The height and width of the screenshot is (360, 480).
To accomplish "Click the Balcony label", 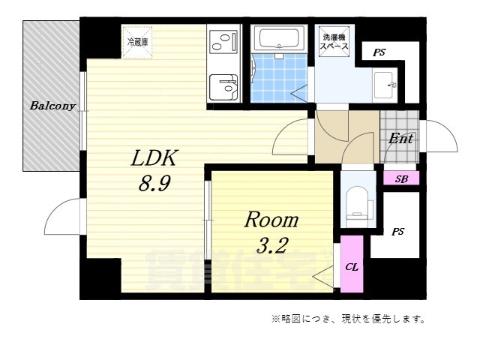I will coord(52,106).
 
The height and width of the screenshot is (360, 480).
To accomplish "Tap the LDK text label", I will coord(154,157).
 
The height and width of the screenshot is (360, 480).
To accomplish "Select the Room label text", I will coord(271,220).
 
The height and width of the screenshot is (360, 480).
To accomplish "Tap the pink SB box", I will coord(401,178).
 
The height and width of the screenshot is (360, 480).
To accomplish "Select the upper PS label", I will coord(379,52).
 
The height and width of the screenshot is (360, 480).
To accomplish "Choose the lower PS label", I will coord(397,232).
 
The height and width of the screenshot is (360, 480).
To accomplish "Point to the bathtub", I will coord(278,38).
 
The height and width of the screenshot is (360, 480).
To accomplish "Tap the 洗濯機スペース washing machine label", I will coord(333,42).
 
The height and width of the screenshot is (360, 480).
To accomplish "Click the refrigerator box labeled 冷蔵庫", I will coord(137,41).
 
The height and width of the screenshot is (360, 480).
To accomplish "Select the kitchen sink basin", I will coord(222,86).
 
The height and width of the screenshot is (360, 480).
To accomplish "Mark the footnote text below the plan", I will coord(349,319).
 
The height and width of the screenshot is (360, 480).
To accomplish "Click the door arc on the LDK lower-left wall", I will coord(64,217).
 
